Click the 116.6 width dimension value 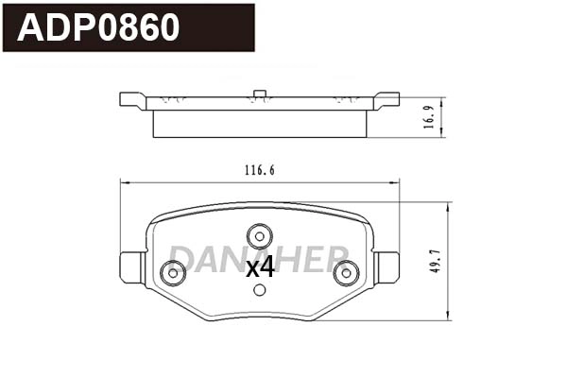(259, 170)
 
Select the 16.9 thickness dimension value (432, 116)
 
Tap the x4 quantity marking (260, 268)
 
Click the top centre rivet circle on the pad (259, 234)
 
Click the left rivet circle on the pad (172, 273)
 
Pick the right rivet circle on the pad (346, 273)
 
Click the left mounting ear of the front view (130, 267)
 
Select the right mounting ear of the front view (387, 267)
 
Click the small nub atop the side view (258, 93)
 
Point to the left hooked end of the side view (132, 99)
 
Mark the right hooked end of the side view (387, 99)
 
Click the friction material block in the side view (259, 123)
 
